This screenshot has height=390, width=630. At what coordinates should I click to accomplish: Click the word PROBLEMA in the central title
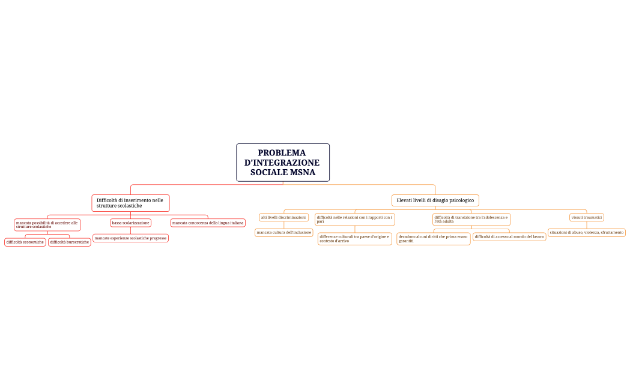click(x=282, y=153)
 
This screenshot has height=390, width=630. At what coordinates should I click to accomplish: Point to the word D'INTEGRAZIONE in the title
click(x=282, y=163)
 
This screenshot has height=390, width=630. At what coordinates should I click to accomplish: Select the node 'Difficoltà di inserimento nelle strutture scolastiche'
click(x=130, y=203)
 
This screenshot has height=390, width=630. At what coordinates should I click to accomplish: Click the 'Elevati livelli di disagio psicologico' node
click(x=435, y=200)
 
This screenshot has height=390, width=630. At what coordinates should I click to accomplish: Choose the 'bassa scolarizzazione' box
click(x=130, y=223)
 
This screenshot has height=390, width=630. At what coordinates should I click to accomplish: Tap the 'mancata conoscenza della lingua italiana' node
click(x=208, y=223)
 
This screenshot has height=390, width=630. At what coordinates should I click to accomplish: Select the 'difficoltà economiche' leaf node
click(x=25, y=242)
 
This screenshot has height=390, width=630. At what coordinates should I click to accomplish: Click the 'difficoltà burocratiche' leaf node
click(x=70, y=242)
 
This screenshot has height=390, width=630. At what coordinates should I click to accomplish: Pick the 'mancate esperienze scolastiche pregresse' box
click(x=130, y=238)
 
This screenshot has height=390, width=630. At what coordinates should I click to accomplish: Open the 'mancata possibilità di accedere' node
click(x=47, y=224)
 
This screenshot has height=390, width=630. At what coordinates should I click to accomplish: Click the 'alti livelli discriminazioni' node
click(x=283, y=217)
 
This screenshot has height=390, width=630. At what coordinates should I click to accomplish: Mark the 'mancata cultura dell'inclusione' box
click(x=284, y=232)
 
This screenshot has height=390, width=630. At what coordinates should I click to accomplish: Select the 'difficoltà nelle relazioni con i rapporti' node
click(x=355, y=219)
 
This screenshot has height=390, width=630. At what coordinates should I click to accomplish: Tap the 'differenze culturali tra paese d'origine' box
click(x=355, y=239)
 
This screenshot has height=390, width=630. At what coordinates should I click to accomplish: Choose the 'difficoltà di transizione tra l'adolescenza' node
click(x=471, y=219)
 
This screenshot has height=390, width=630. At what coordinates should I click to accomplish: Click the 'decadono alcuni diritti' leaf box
click(x=433, y=239)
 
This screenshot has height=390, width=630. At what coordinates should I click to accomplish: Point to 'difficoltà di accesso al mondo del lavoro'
click(x=509, y=236)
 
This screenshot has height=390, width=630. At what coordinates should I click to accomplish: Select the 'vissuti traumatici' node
click(x=587, y=217)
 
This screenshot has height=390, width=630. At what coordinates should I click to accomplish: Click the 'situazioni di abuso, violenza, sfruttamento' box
click(x=587, y=232)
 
